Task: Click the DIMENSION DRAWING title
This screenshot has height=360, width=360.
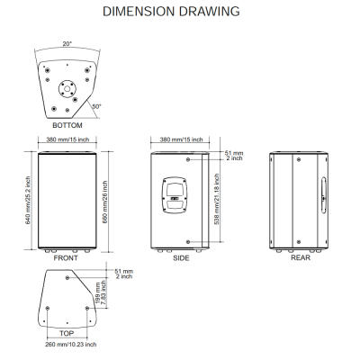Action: click(171, 12)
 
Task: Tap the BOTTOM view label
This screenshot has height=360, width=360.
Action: click(67, 125)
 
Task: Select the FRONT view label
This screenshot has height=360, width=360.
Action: click(66, 258)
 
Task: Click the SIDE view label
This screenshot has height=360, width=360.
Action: click(181, 258)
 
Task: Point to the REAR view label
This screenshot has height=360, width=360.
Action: click(301, 257)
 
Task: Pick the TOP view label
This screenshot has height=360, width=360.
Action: click(67, 333)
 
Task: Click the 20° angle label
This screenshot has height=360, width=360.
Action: click(67, 44)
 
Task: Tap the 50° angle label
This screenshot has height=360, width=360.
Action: click(96, 106)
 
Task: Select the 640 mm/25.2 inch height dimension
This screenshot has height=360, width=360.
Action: click(28, 201)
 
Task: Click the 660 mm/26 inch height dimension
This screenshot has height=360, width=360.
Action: click(105, 202)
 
